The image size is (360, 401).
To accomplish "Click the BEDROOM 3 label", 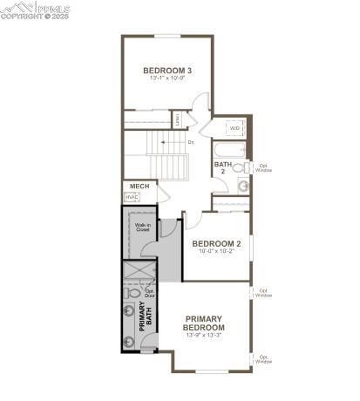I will coord(167,71).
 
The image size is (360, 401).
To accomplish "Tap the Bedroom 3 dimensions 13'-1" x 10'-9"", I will coord(167,79).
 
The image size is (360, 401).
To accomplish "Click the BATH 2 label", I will coord(223,167).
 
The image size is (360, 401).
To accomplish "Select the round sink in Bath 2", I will coord(243,186).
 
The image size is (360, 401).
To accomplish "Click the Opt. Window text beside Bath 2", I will coord(263,167).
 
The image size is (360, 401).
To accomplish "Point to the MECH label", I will coord(138,187).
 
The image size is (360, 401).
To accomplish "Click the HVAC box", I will coord(132,198).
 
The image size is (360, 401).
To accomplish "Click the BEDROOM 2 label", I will coord(216,243).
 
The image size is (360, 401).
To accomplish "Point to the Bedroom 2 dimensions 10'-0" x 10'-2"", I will coord(216,252).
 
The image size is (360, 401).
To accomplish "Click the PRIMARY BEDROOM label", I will coord(203,323).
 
